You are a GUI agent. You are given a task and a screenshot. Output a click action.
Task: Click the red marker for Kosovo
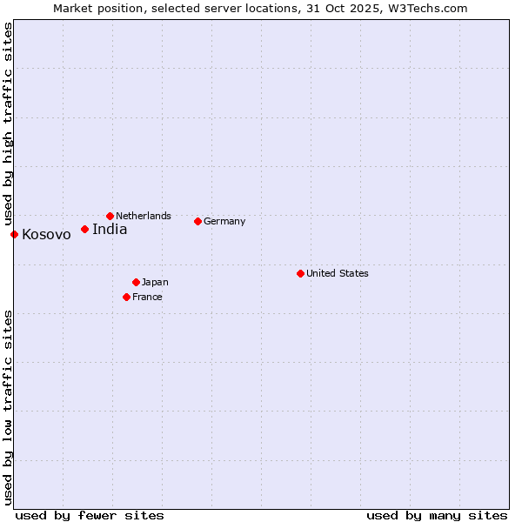[x=14, y=234]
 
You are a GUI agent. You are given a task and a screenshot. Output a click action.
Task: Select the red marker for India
[x=84, y=229]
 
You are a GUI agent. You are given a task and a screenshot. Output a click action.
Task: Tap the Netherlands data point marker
[x=110, y=216]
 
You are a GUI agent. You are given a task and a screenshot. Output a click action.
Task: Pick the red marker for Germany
[x=197, y=221]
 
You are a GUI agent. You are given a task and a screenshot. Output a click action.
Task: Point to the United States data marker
[x=300, y=273]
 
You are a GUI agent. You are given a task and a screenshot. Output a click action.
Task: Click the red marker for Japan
[x=136, y=282]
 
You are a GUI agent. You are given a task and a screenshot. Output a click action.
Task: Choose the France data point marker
[x=126, y=297]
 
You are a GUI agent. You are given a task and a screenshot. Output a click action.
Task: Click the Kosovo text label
[x=46, y=235]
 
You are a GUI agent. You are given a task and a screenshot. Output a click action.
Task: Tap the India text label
[x=110, y=230]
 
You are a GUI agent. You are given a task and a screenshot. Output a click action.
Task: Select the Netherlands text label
[x=144, y=216]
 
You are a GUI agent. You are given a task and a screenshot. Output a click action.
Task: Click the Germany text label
[x=224, y=221]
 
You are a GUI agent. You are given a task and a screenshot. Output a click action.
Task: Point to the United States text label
[x=338, y=273]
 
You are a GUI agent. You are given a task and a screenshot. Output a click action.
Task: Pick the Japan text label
[x=155, y=282]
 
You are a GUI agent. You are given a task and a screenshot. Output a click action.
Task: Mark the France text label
[x=147, y=297]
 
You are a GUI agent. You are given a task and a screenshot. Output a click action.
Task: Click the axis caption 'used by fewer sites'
[x=90, y=515]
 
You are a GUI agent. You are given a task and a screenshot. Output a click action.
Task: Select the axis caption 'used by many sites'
[x=437, y=515]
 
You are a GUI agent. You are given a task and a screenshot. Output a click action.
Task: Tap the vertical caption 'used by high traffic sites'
[x=8, y=124]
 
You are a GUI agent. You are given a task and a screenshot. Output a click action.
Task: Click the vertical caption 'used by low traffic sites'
[x=8, y=407]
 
